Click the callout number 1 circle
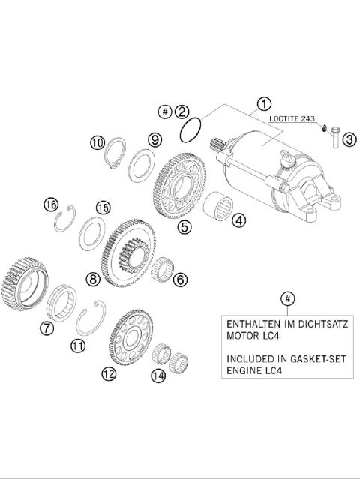click(263, 103)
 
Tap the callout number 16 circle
click(50, 205)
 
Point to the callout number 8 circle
click(92, 279)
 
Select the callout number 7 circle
click(46, 327)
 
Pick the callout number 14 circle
click(156, 376)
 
